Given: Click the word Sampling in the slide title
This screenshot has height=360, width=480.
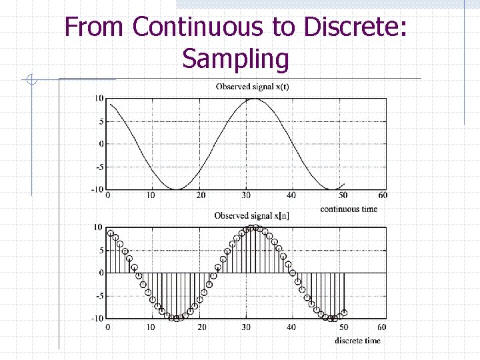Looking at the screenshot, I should click(x=236, y=59).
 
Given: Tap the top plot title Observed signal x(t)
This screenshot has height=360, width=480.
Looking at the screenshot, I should click(x=252, y=87).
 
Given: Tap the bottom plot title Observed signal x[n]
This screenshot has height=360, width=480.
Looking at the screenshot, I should click(x=251, y=215).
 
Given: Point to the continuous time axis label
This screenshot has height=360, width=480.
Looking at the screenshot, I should click(x=348, y=209).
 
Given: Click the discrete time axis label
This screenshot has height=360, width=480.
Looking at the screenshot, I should click(x=357, y=341).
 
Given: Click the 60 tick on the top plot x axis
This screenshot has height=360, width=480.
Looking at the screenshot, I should click(x=382, y=195).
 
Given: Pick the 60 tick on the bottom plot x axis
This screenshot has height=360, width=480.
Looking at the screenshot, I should click(x=381, y=327).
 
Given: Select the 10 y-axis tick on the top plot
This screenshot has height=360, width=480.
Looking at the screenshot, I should click(x=99, y=99).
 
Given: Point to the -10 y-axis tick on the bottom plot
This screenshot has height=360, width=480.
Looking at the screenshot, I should click(x=97, y=318).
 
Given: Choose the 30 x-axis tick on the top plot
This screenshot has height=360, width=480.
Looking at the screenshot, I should click(x=247, y=195).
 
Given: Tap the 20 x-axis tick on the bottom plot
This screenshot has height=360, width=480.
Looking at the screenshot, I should click(x=201, y=327).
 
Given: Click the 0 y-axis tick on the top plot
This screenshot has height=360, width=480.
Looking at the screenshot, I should click(x=101, y=144).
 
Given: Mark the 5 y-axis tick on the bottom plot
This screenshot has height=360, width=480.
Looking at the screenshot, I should click(x=101, y=251).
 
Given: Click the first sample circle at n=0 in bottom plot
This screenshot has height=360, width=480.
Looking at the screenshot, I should click(x=111, y=233).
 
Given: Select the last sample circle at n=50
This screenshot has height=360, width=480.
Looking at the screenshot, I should click(x=344, y=312).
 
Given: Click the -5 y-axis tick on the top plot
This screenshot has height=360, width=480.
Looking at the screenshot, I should click(x=99, y=167).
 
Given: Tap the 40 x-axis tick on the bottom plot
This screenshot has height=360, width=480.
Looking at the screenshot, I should click(x=291, y=327).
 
